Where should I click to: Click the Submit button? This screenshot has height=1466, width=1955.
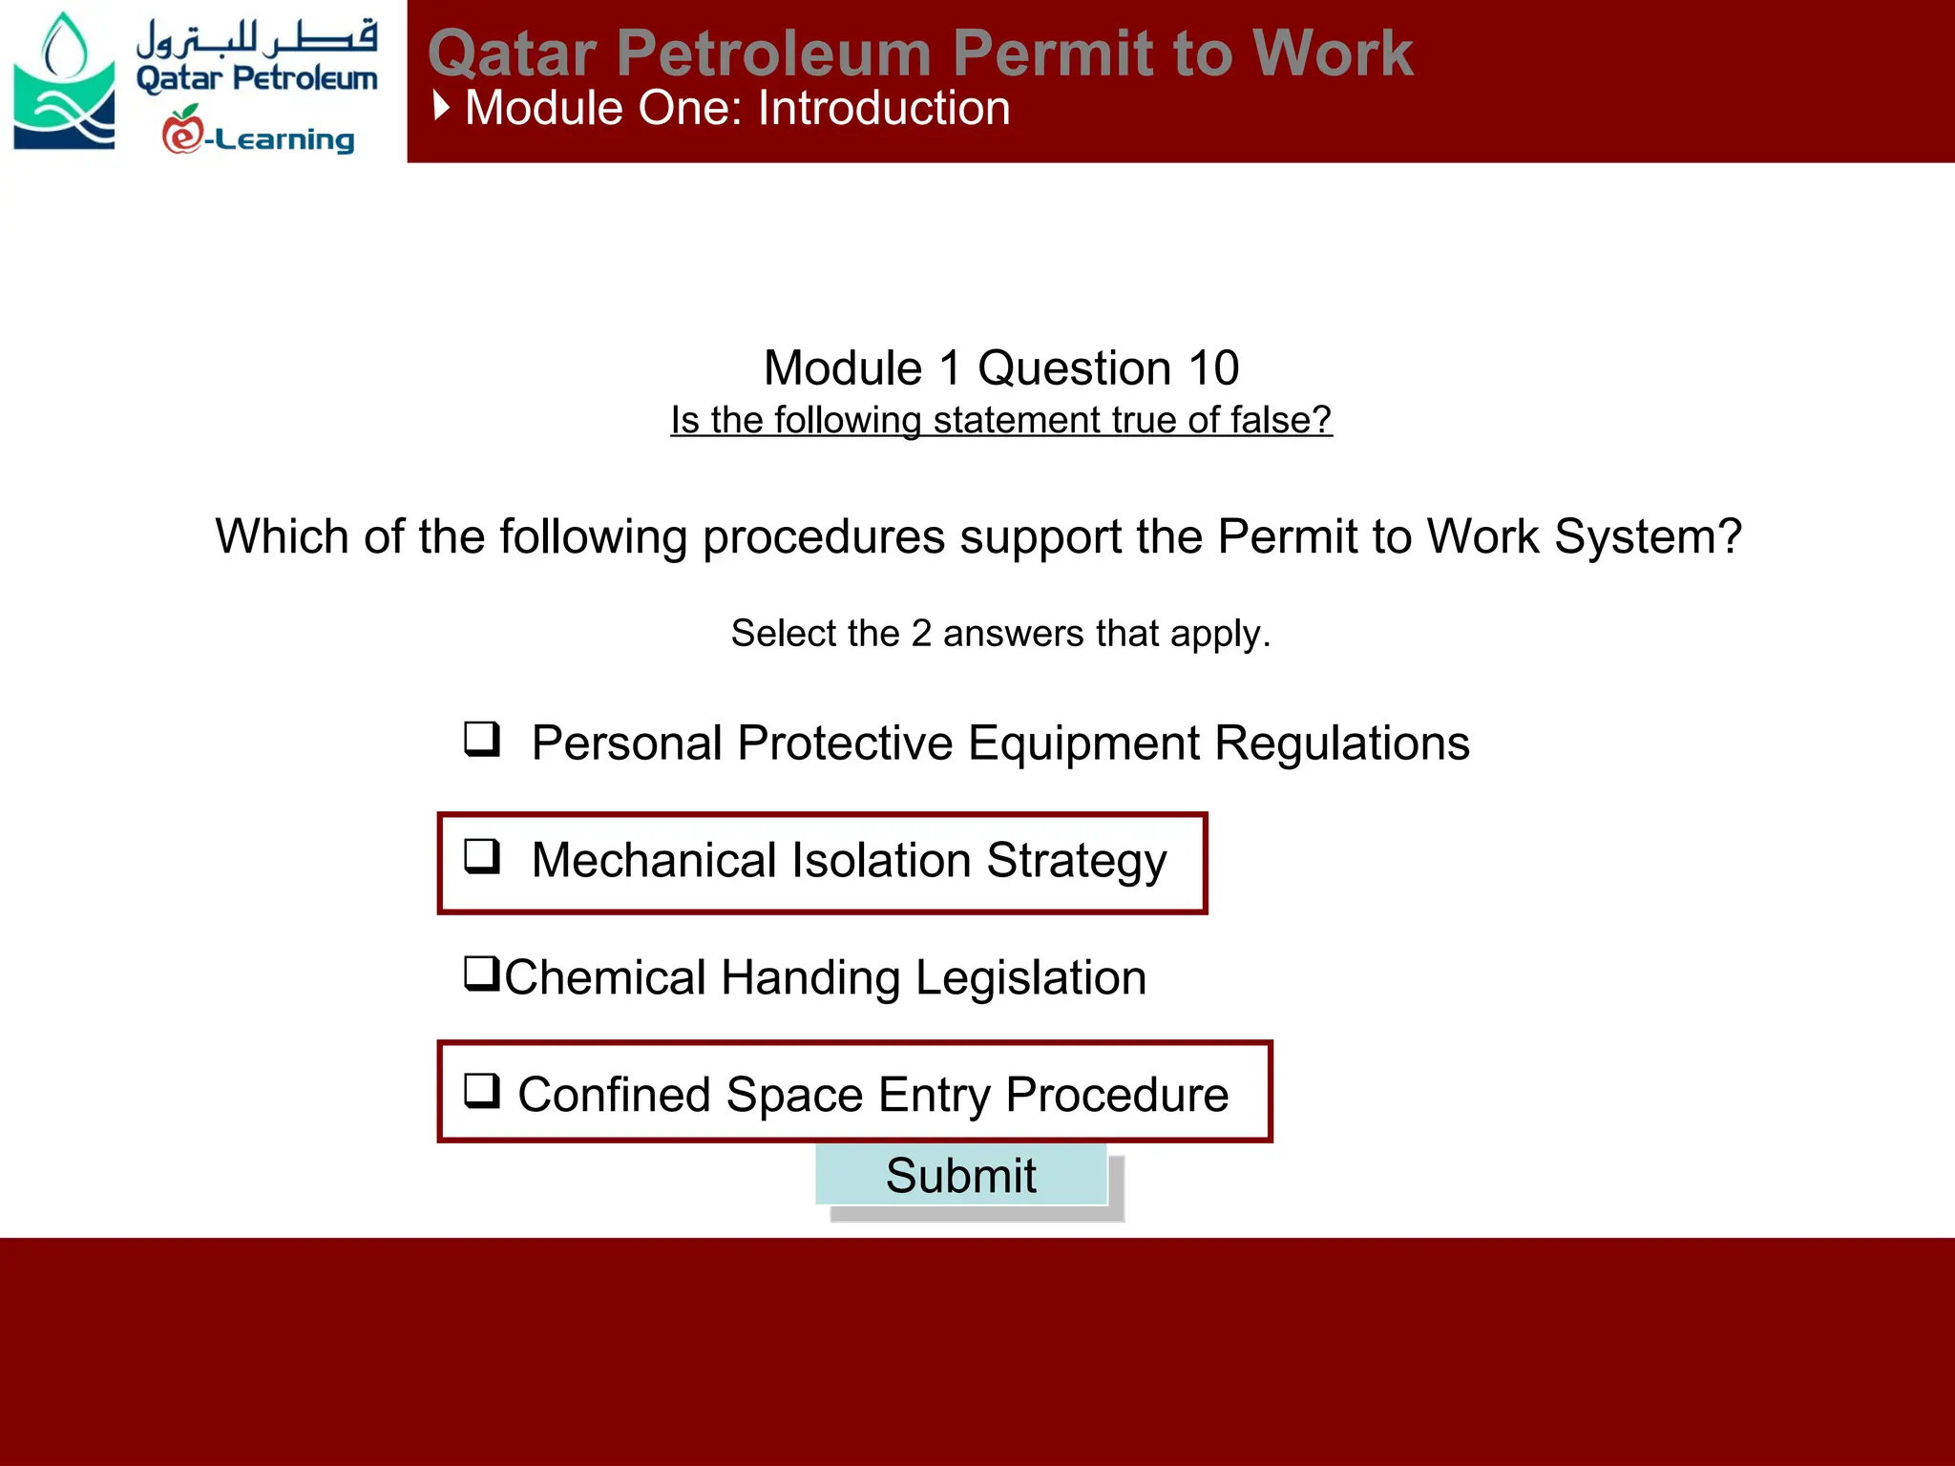[960, 1175]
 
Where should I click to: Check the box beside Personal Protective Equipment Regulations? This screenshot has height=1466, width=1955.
[482, 739]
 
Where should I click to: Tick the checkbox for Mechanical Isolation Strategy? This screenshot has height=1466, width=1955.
[482, 856]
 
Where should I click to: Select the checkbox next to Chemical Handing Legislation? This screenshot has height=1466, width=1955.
[482, 974]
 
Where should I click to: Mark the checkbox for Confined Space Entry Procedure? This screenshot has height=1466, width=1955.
[482, 1090]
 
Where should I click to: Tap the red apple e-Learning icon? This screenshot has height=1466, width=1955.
[182, 131]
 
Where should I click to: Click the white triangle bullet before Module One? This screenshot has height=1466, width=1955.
[441, 106]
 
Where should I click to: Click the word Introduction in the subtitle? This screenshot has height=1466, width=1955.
[884, 108]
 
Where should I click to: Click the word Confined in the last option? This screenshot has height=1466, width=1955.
[614, 1095]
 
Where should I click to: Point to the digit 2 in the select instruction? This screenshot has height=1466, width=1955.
[920, 634]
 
